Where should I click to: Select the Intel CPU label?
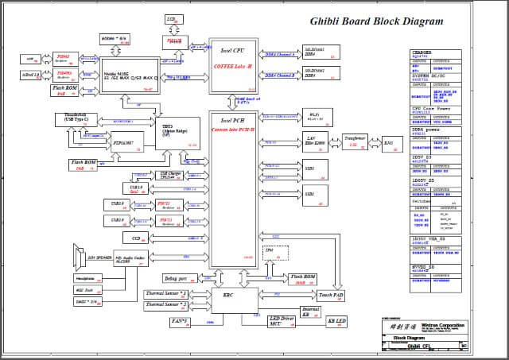click(x=231, y=51)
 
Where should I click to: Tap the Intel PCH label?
click(x=231, y=121)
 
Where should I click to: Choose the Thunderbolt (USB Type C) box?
click(x=76, y=119)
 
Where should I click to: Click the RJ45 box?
click(x=388, y=144)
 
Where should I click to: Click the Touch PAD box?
click(x=331, y=294)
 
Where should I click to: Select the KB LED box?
click(x=337, y=321)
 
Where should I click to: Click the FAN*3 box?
click(x=180, y=320)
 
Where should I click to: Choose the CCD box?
click(x=137, y=238)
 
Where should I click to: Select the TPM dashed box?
click(x=268, y=253)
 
